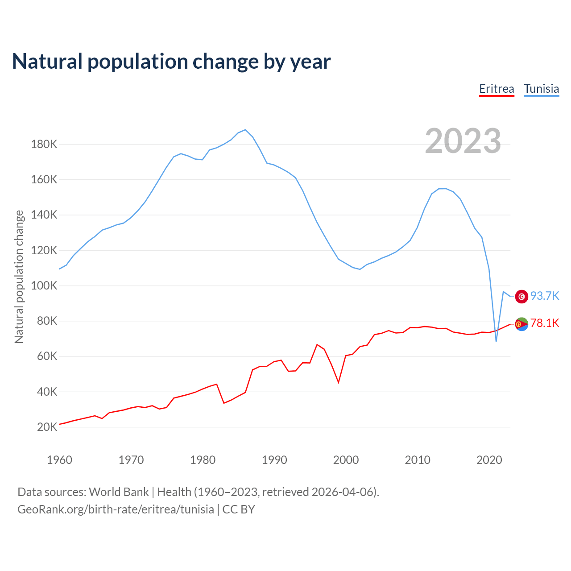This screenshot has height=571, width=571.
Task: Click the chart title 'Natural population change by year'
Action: tap(171, 62)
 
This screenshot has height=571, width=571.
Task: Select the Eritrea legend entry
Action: tap(497, 89)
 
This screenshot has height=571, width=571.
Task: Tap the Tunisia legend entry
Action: tap(541, 89)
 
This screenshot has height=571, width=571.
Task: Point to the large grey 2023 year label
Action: tap(463, 141)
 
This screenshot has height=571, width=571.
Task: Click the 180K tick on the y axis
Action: tap(44, 145)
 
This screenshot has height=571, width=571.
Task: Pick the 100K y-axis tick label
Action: tap(44, 286)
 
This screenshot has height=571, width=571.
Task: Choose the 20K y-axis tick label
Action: tap(47, 427)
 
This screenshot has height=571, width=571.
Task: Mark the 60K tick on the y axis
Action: tap(47, 356)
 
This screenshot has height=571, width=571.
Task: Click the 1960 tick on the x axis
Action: tap(59, 460)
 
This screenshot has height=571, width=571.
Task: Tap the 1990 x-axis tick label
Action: tap(274, 460)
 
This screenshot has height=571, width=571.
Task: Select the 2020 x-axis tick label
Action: tap(489, 460)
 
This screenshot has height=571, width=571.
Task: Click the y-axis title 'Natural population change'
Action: tap(19, 277)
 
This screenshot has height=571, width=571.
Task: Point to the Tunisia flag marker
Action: tap(521, 296)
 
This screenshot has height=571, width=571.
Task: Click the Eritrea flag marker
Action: tap(521, 324)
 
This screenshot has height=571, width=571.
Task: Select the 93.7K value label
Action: tap(545, 296)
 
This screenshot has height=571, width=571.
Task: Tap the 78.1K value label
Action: tap(545, 323)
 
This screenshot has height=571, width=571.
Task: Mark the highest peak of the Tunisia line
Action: tap(245, 130)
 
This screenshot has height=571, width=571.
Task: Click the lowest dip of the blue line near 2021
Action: tap(496, 341)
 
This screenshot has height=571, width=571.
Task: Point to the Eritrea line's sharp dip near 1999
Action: tap(339, 382)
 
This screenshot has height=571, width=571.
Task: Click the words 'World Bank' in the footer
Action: tap(119, 492)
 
